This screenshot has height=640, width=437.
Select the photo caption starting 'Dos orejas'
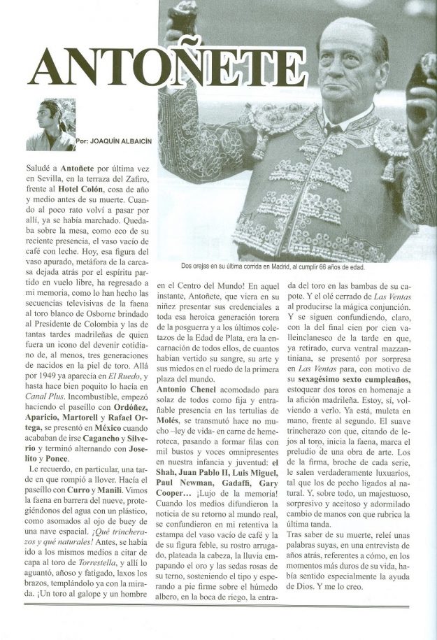(271, 266)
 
